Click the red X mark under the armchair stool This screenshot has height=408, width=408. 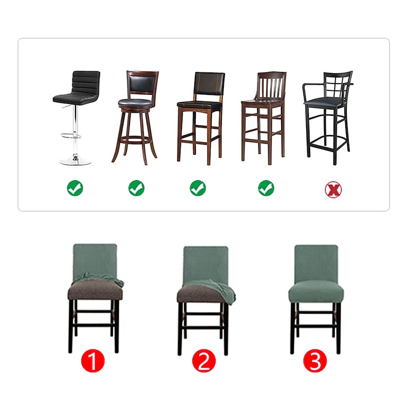[x=333, y=189]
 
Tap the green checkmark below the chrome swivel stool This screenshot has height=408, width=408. [x=75, y=188]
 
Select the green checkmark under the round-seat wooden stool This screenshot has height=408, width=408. [x=136, y=188]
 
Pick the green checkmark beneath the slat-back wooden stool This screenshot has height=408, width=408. [x=266, y=188]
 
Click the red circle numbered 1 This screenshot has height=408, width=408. [x=93, y=361]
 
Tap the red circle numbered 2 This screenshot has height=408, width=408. [x=204, y=361]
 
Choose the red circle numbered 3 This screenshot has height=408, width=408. [x=315, y=361]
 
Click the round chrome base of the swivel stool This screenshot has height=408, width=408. [x=75, y=160]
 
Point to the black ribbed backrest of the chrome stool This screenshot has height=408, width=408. [x=86, y=83]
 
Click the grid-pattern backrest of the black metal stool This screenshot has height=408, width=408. [x=337, y=85]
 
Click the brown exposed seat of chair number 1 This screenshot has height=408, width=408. [x=95, y=290]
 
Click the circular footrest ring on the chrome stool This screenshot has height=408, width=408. [x=71, y=136]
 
